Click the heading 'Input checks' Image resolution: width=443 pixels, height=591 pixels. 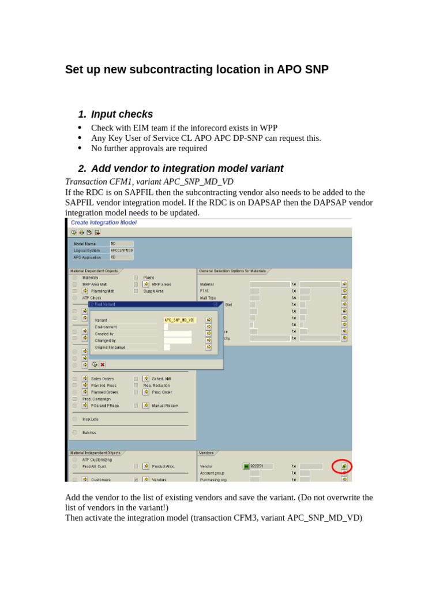122,114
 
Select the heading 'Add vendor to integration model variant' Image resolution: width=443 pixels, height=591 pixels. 187,169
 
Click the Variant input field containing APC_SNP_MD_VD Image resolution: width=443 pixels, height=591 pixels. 180,320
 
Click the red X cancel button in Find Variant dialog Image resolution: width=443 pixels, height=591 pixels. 103,364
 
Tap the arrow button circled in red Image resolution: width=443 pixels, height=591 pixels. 344,466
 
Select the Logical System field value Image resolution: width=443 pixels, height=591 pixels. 121,250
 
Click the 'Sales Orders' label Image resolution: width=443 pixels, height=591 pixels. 102,379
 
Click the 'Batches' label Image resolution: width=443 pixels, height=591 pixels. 89,432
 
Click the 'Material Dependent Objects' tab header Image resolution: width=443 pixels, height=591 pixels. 94,271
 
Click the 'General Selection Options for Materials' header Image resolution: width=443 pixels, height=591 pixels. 232,271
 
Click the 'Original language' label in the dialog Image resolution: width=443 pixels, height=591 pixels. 110,347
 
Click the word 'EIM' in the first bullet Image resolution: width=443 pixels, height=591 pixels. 142,128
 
